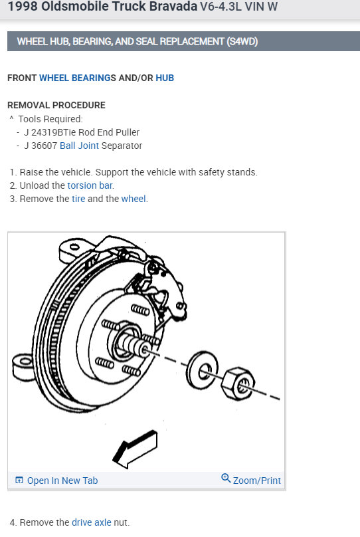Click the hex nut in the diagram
click(x=238, y=384)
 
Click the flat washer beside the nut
click(x=202, y=370)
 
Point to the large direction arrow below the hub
click(x=135, y=449)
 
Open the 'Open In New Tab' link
click(x=57, y=481)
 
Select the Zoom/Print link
click(x=251, y=480)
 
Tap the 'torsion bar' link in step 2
click(x=90, y=185)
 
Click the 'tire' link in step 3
click(x=78, y=199)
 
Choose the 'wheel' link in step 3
click(x=134, y=199)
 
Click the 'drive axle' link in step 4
click(x=92, y=522)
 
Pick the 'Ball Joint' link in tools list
click(x=79, y=146)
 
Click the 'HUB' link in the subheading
click(x=165, y=78)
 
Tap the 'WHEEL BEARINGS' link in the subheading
click(x=78, y=78)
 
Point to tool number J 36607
click(x=41, y=146)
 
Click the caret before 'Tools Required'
click(x=12, y=118)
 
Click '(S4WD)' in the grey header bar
click(x=242, y=41)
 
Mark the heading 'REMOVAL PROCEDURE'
click(x=56, y=105)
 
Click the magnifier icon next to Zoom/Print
click(x=226, y=478)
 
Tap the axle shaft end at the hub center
click(x=143, y=350)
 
